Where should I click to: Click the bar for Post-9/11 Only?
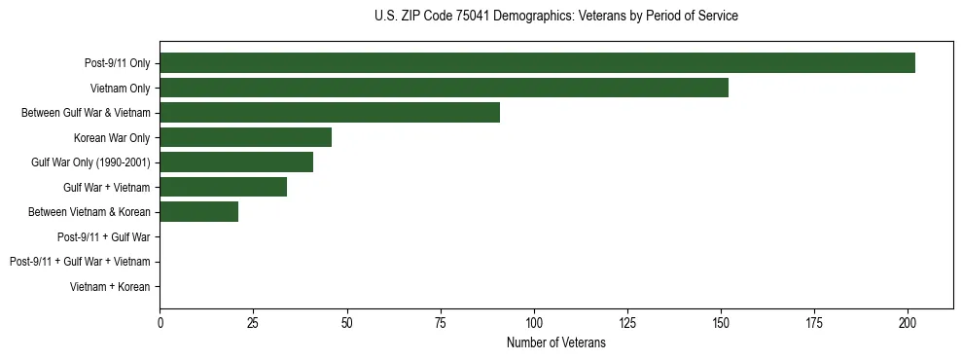[537, 63]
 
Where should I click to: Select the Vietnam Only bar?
[444, 88]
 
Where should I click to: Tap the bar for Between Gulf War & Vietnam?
[330, 113]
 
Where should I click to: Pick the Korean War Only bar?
[245, 137]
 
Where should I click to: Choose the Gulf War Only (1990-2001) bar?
[236, 162]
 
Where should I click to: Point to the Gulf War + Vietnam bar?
[223, 187]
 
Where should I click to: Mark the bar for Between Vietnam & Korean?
[198, 212]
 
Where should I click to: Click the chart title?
[555, 17]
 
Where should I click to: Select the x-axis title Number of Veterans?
[555, 343]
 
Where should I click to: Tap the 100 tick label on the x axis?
[534, 323]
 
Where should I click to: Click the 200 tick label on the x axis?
[908, 323]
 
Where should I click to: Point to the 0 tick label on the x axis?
[160, 323]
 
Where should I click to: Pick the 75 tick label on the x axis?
[440, 323]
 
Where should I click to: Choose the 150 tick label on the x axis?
[721, 323]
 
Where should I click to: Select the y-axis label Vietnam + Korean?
[110, 287]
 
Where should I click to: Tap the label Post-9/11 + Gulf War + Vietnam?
[80, 262]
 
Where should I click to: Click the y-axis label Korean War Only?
[112, 137]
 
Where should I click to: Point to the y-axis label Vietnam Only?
[120, 88]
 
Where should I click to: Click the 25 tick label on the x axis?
[253, 323]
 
